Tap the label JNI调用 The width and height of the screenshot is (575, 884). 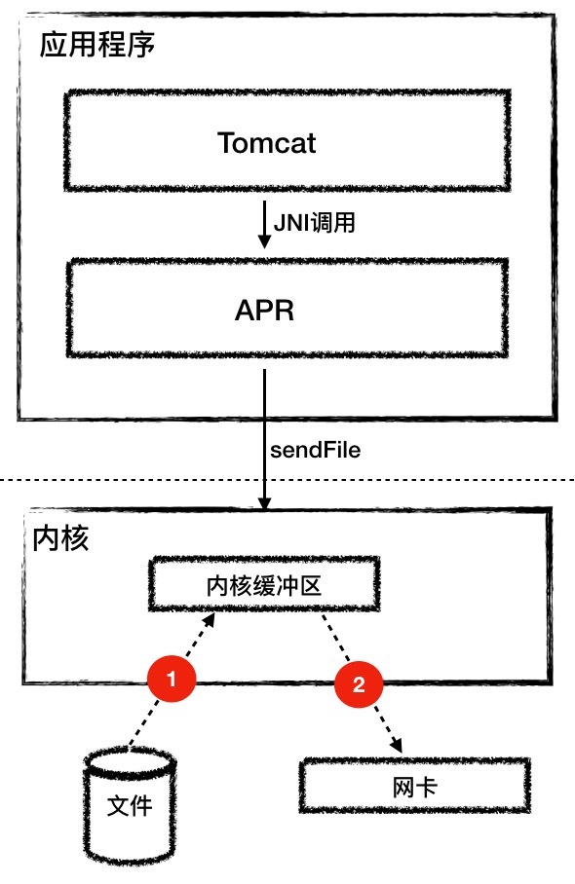pyautogui.click(x=315, y=223)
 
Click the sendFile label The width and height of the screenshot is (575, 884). pyautogui.click(x=315, y=450)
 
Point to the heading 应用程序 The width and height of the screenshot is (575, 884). pyautogui.click(x=97, y=45)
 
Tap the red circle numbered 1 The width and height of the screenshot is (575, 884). pyautogui.click(x=172, y=679)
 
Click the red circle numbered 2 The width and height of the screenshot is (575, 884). pyautogui.click(x=359, y=684)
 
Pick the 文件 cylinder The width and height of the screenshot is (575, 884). pyautogui.click(x=130, y=806)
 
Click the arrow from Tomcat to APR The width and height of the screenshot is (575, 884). pyautogui.click(x=264, y=224)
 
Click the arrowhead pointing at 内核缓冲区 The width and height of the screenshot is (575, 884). pyautogui.click(x=209, y=619)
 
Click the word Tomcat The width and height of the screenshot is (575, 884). pyautogui.click(x=266, y=143)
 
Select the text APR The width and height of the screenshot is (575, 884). pyautogui.click(x=265, y=310)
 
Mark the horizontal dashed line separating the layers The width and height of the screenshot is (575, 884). pyautogui.click(x=287, y=480)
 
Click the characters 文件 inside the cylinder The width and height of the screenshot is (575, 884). pyautogui.click(x=130, y=806)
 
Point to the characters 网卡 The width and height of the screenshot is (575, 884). pyautogui.click(x=415, y=787)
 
